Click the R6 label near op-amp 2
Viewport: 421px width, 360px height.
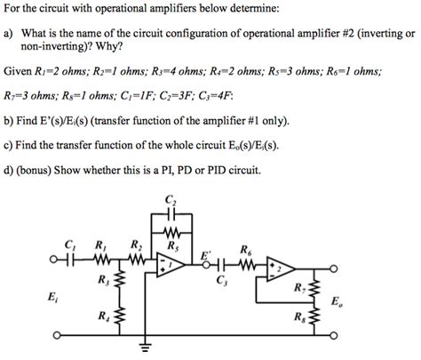tap(245, 249)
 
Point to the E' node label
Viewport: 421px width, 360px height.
tap(206, 254)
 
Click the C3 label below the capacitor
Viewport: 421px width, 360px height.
tap(221, 282)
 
